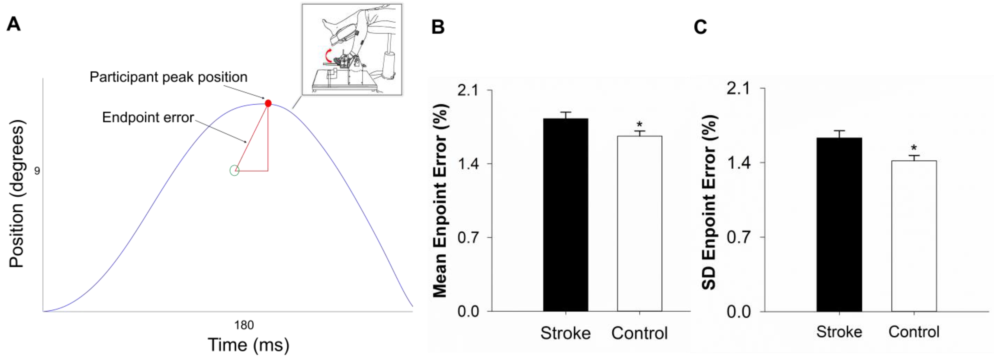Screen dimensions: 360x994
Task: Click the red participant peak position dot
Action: click(268, 103)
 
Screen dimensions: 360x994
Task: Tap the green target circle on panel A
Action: click(234, 170)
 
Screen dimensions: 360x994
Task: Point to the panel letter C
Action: click(700, 27)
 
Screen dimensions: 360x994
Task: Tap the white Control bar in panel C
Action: click(914, 236)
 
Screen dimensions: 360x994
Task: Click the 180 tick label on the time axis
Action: click(244, 325)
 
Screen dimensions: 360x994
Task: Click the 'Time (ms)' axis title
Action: click(248, 344)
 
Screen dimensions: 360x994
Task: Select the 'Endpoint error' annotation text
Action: click(148, 117)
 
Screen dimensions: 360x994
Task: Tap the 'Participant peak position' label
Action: click(168, 77)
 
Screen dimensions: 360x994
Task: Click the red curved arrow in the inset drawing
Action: click(328, 56)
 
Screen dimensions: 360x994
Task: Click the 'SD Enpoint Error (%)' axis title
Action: click(709, 202)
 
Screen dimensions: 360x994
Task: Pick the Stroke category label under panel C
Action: click(839, 332)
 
